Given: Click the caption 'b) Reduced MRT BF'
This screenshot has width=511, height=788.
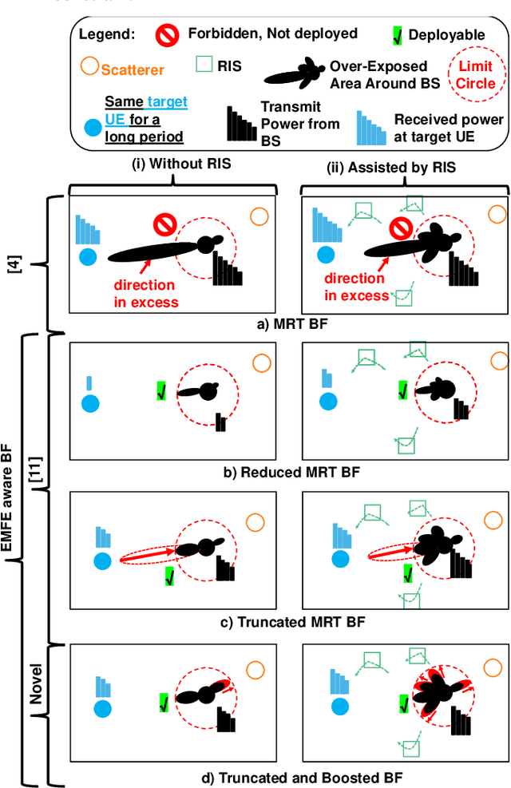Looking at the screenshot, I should click(291, 472).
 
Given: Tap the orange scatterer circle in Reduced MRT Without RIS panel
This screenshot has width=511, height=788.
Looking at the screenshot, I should click(259, 363).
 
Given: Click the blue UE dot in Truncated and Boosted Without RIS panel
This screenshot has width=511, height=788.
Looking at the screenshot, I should click(101, 708).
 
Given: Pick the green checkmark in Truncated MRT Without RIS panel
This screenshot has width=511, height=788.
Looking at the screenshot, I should click(169, 576).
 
